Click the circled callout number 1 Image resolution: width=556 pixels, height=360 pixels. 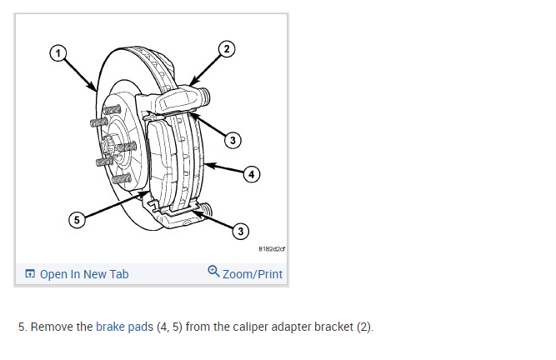pos(58,53)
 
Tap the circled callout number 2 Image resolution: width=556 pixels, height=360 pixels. pos(226,49)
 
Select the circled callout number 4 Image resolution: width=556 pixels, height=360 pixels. pos(252,174)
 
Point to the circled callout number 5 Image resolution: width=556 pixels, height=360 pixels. pos(76,220)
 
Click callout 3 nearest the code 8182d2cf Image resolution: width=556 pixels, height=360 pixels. pos(241,230)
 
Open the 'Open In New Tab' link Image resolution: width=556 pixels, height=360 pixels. pos(84,273)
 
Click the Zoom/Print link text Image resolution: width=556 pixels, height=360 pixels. pos(253,273)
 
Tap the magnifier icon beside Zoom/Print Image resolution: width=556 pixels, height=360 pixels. pos(213,272)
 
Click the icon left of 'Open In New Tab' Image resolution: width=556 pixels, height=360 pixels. pos(30,273)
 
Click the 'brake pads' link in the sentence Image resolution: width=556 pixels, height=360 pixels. pos(124,326)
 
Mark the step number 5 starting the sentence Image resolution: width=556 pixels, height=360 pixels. pos(22,326)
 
